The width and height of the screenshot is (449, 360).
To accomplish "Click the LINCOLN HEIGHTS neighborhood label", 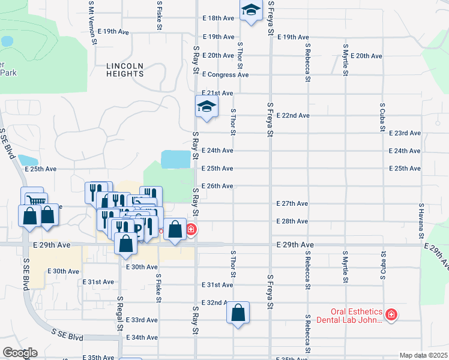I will (x=125, y=70).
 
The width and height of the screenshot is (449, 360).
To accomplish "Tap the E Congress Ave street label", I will (x=225, y=75).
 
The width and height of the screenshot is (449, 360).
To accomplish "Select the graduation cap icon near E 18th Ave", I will (x=251, y=10).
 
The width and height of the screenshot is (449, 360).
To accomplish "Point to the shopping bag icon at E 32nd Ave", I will (x=238, y=312).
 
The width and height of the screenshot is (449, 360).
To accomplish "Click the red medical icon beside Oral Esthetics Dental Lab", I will (x=391, y=314).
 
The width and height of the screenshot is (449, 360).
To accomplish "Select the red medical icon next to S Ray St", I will (x=191, y=230).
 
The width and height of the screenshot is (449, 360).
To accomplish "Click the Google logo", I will (x=20, y=352).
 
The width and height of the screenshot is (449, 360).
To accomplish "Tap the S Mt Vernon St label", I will (x=92, y=22).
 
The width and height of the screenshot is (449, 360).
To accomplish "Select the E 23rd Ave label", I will (x=405, y=133).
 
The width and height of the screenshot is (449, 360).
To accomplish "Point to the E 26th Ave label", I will (x=217, y=186).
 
